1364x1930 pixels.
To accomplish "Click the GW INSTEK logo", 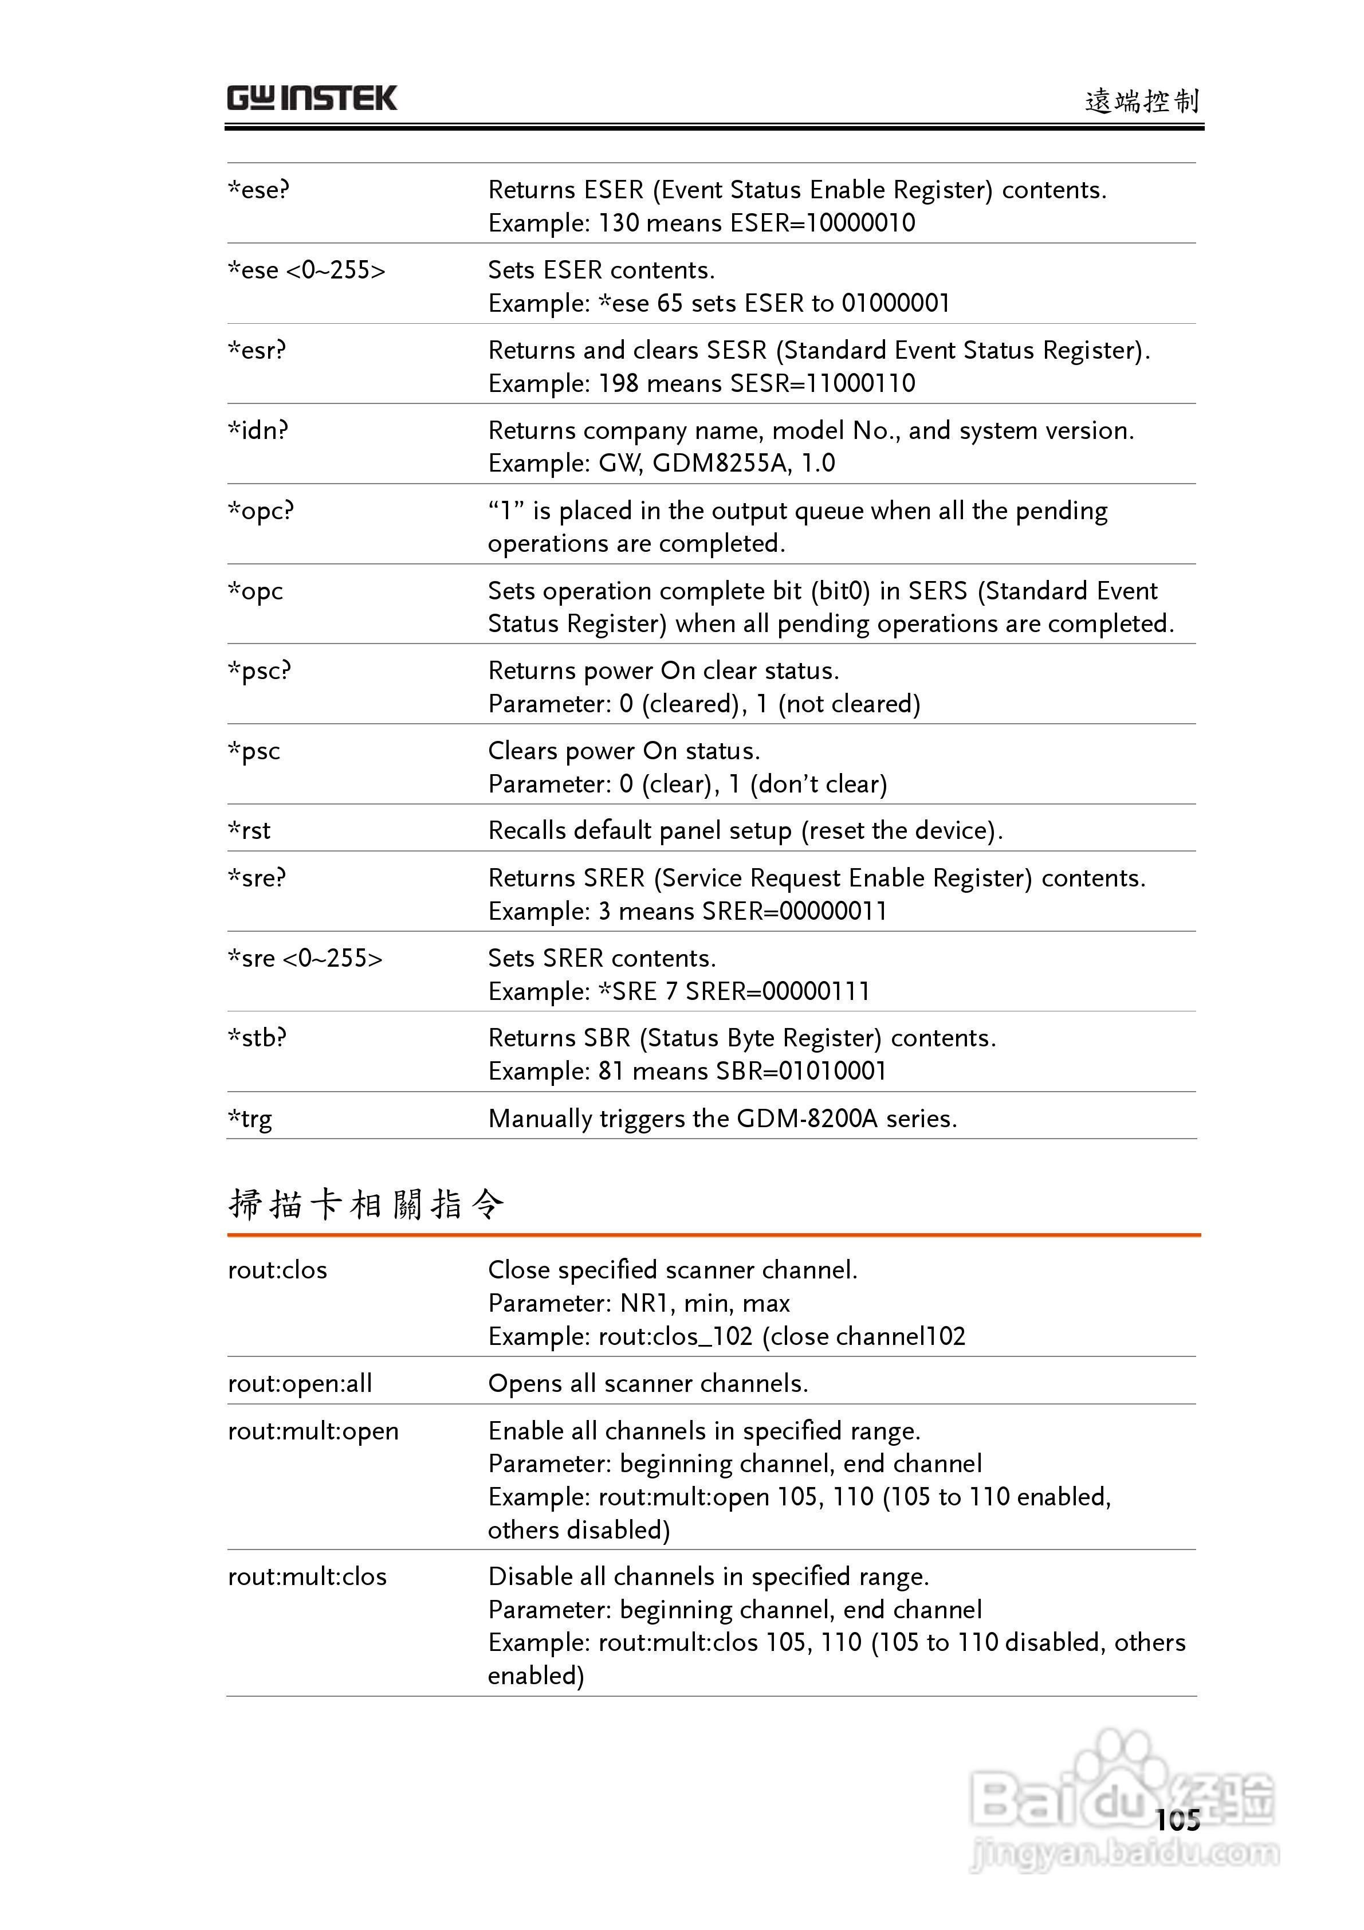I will coord(311,99).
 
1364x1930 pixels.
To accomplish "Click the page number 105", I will coord(1177,1820).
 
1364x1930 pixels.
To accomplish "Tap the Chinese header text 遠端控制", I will coord(1141,101).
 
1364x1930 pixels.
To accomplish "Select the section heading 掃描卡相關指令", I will coord(367,1204).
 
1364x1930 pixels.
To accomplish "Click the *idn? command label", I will coord(258,430).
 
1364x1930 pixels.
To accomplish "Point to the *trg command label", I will coord(250,1119).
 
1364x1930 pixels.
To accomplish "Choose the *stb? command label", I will coord(257,1038).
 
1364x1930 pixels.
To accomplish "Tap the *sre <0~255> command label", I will coord(305,958).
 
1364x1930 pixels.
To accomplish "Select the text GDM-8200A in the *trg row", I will coord(806,1119).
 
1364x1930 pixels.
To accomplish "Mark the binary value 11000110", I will coord(860,383).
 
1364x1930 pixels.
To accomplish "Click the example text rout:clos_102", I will coord(675,1336).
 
